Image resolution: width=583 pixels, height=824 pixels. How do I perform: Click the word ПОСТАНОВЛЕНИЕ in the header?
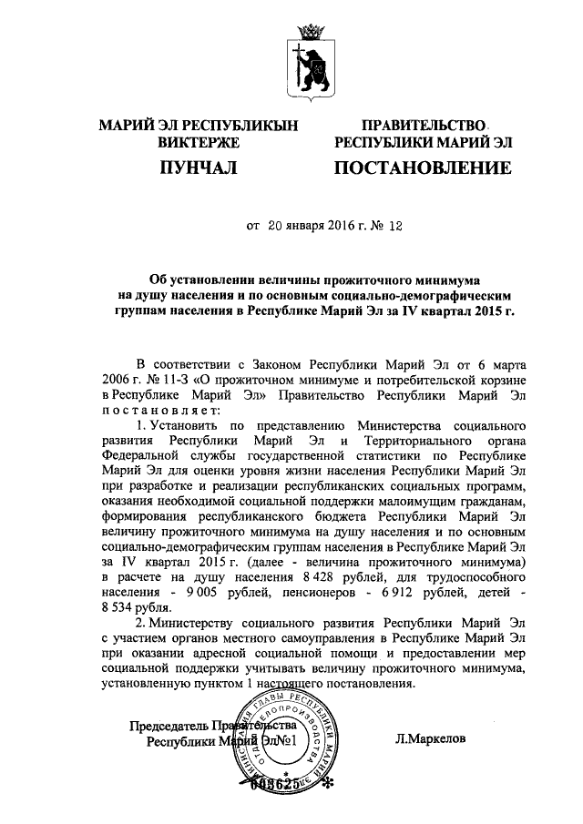click(x=423, y=168)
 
